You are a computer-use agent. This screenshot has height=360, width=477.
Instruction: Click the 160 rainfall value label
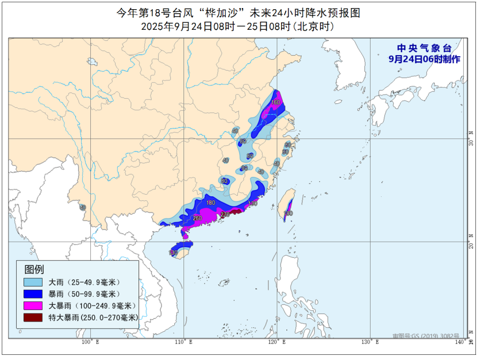(x=275, y=102)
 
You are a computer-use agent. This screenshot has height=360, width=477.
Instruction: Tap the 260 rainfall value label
(x=198, y=218)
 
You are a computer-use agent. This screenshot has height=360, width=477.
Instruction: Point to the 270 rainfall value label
(x=225, y=215)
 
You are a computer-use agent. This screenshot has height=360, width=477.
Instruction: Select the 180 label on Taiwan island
(x=288, y=213)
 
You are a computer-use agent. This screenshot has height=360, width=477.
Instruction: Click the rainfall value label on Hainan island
(x=172, y=253)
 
